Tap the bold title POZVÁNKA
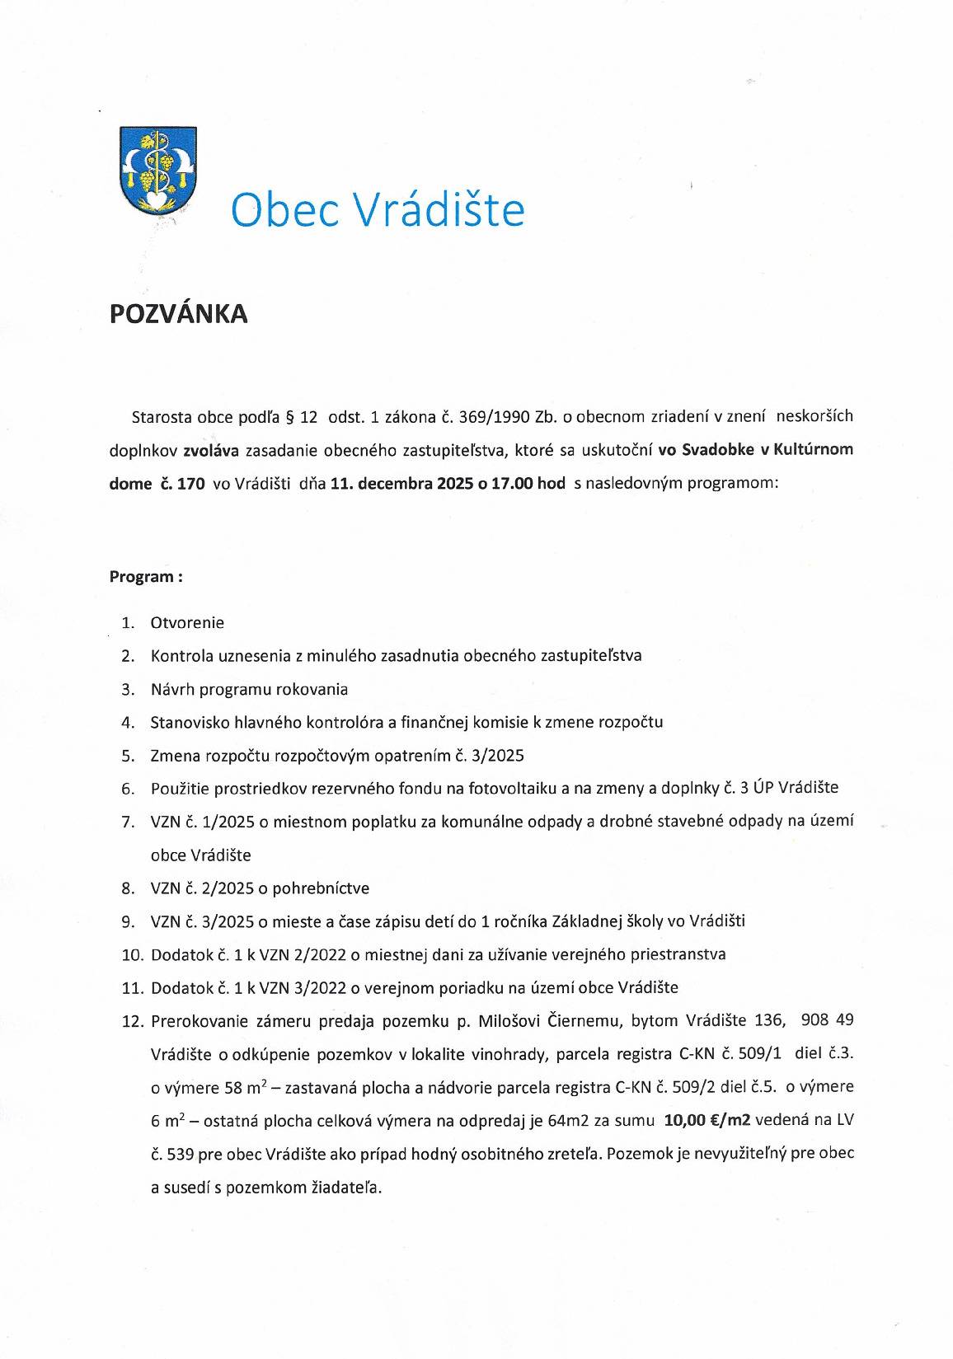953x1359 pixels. tap(179, 314)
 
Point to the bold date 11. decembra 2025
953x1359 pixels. tap(401, 484)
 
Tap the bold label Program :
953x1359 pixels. tap(146, 577)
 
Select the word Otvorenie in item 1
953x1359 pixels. tap(187, 623)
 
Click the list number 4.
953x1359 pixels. tap(128, 723)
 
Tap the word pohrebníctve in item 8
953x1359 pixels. tap(320, 888)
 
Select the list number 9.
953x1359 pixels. tap(128, 921)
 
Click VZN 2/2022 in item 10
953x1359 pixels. tap(303, 955)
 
